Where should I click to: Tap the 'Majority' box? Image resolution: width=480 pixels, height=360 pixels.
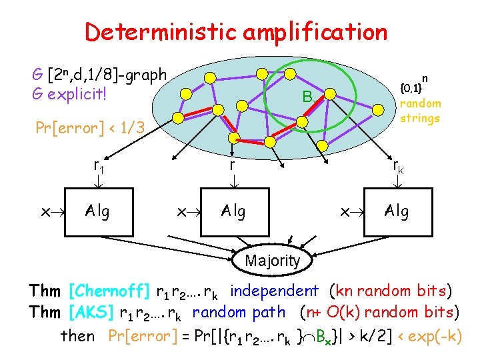(x=272, y=261)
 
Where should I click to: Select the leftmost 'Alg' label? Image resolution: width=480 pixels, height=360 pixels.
(x=97, y=211)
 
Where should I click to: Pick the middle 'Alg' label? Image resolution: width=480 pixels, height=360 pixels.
(x=233, y=211)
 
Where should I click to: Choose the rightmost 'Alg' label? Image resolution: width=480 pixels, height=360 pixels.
(x=397, y=211)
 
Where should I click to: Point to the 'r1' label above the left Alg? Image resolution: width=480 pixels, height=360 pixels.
(x=99, y=166)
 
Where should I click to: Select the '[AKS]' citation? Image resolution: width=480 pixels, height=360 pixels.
(x=95, y=311)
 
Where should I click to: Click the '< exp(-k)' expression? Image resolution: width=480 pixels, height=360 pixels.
(x=429, y=336)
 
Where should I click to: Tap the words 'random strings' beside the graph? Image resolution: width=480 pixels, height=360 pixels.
(x=420, y=111)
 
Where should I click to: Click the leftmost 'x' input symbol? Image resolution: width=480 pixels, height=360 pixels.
(x=44, y=212)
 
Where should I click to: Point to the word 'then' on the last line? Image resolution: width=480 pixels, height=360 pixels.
(x=78, y=336)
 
